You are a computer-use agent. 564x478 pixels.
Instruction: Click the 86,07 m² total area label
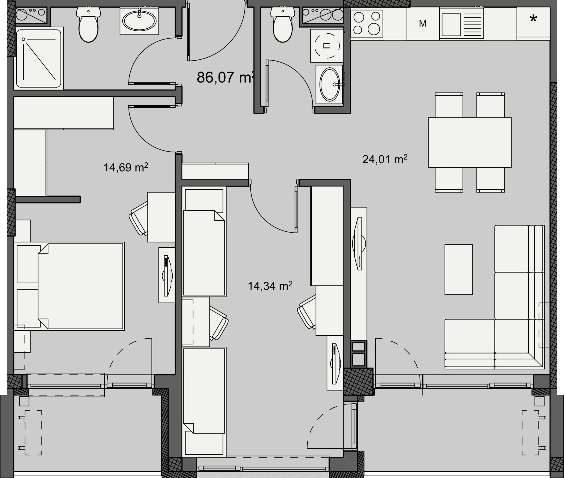coord(226,77)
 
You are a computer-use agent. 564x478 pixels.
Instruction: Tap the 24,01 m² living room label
coord(385,159)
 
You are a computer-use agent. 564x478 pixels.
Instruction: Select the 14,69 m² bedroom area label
coord(126,167)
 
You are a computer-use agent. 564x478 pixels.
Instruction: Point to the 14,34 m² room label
coord(270,286)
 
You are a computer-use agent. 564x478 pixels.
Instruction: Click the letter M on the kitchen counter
coord(422,24)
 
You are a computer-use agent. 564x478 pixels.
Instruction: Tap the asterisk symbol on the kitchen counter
coord(533,19)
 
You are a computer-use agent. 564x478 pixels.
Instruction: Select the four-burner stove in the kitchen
coord(367,24)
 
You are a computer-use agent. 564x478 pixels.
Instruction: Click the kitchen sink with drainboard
coord(461,23)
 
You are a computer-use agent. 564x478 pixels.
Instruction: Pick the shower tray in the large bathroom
coord(39,58)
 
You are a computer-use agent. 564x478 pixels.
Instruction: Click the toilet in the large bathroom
coord(89,25)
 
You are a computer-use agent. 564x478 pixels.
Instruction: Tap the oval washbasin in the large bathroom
coord(139,21)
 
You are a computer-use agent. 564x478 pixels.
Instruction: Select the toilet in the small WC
coord(283,25)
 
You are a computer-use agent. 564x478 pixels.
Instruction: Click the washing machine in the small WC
coord(327,46)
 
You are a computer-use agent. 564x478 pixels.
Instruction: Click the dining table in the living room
coord(470,142)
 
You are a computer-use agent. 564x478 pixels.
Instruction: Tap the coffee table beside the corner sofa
coord(459,269)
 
